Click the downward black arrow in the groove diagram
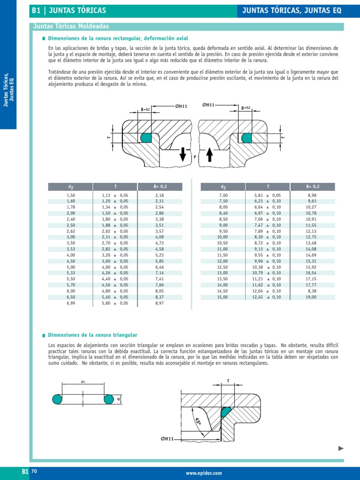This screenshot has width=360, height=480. click(x=182, y=154)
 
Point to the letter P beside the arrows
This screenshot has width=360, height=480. click(x=194, y=158)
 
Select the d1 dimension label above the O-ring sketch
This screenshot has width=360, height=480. click(x=83, y=382)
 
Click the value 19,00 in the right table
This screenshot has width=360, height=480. click(x=311, y=297)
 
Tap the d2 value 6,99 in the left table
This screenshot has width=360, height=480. click(x=71, y=303)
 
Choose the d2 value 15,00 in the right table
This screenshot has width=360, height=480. click(x=223, y=297)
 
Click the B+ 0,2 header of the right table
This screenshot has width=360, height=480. click(x=311, y=187)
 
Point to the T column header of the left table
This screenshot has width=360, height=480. click(x=115, y=187)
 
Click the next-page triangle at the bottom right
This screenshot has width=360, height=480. click(x=341, y=449)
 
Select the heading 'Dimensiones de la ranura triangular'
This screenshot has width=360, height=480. click(x=93, y=335)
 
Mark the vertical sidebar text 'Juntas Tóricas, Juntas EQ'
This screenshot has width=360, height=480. click(x=8, y=89)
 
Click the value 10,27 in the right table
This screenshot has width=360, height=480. click(x=311, y=206)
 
